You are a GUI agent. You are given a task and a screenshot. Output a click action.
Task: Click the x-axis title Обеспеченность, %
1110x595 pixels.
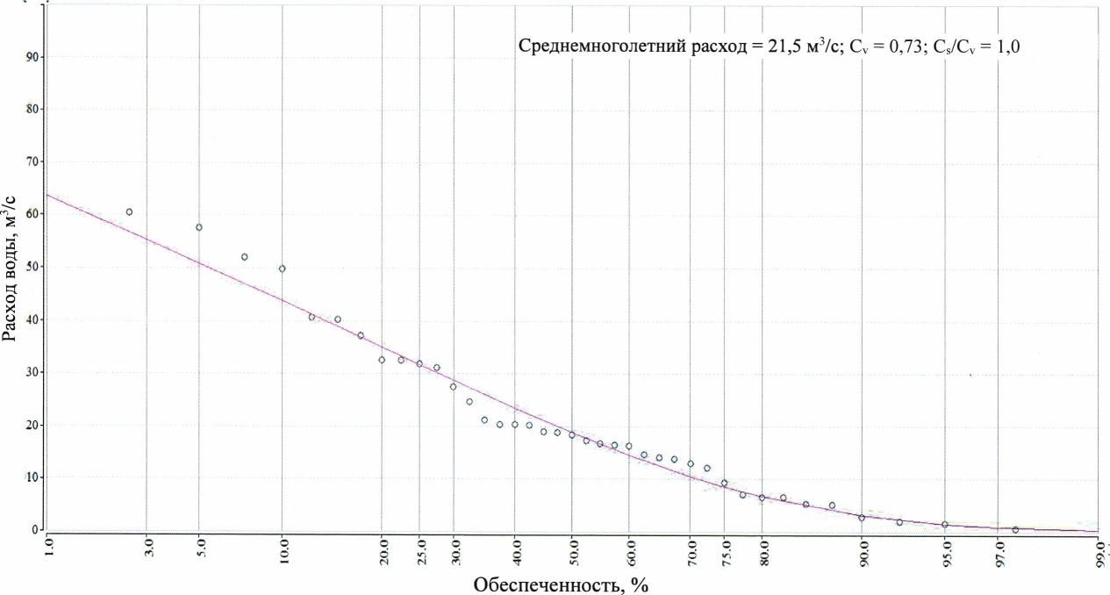pyautogui.click(x=561, y=584)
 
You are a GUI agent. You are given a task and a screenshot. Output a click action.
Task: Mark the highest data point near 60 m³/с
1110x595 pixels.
pyautogui.click(x=129, y=211)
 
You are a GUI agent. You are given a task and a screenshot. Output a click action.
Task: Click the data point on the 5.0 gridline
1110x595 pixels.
pyautogui.click(x=199, y=227)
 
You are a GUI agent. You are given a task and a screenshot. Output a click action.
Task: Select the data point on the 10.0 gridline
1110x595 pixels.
pyautogui.click(x=282, y=269)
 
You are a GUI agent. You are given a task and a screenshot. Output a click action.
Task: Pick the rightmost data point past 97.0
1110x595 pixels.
pyautogui.click(x=1015, y=530)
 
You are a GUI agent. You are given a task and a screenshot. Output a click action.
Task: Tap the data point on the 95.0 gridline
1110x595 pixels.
pyautogui.click(x=945, y=525)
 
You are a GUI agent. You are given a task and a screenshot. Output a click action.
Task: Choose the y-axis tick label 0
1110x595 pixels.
pyautogui.click(x=36, y=530)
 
